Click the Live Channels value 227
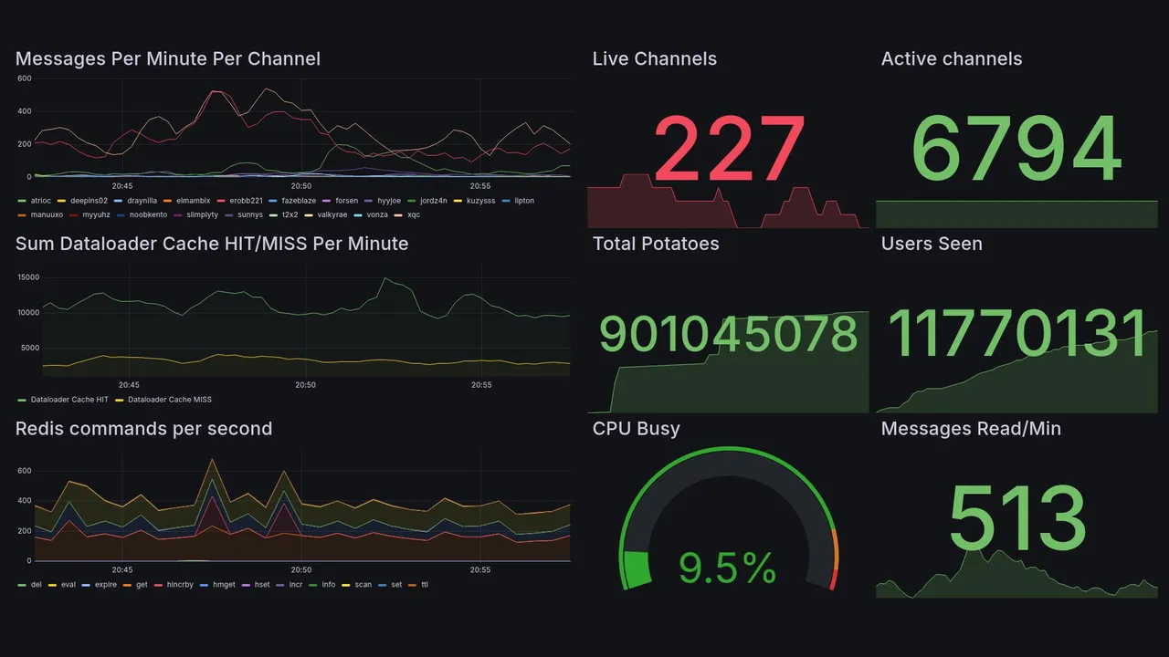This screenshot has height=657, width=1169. [729, 150]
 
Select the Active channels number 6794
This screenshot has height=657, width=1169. [1016, 150]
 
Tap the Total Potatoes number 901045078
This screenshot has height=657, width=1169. [728, 335]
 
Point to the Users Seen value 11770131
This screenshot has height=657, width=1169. [1016, 334]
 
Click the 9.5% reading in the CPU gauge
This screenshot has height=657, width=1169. [728, 568]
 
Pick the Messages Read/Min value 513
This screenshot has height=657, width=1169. [1016, 517]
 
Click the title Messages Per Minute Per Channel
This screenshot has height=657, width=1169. [168, 59]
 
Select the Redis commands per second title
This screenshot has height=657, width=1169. [143, 429]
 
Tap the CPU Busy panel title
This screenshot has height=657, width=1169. [636, 429]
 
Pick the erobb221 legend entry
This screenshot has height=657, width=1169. [246, 201]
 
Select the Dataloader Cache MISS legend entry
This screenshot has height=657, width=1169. [169, 400]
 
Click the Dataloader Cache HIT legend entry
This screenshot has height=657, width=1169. [68, 400]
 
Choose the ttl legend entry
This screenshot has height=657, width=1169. [425, 584]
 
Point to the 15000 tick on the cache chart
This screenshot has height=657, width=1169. [28, 277]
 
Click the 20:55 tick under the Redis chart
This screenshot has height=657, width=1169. [481, 569]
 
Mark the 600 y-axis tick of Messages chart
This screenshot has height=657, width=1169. [25, 78]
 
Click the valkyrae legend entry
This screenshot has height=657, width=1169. [330, 215]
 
